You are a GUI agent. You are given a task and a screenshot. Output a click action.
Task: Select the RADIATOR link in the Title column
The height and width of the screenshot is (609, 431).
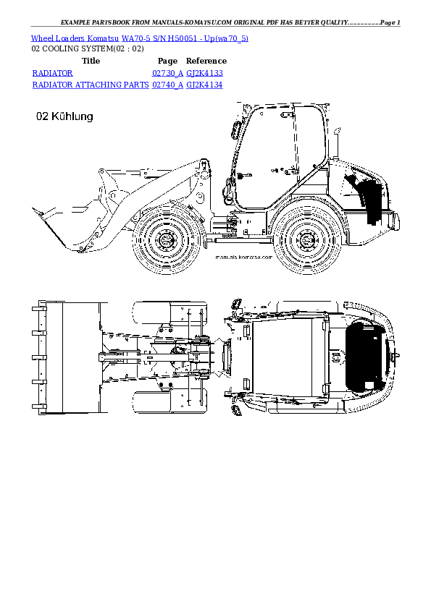click(x=52, y=73)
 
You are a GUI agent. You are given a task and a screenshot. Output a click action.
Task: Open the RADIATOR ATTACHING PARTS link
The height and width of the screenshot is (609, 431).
click(x=91, y=85)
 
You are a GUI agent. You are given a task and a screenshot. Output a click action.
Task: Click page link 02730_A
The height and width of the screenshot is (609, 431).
click(x=167, y=73)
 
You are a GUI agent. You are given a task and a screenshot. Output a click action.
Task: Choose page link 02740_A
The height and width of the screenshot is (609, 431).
click(x=167, y=85)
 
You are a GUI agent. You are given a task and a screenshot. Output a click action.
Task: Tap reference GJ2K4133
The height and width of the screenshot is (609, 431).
click(x=204, y=73)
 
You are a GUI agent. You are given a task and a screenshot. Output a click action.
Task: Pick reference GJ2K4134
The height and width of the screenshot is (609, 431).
click(x=204, y=85)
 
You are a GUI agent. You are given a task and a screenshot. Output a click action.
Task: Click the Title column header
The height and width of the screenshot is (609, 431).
click(x=91, y=61)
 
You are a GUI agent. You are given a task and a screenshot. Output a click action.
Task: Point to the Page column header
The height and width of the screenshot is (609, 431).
click(x=167, y=61)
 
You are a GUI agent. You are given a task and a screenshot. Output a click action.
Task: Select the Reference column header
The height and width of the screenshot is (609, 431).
click(x=206, y=61)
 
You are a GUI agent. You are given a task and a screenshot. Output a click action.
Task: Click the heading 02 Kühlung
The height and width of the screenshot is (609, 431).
click(x=64, y=116)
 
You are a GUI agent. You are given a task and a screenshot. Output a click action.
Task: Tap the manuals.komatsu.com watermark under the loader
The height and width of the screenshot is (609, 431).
click(x=243, y=257)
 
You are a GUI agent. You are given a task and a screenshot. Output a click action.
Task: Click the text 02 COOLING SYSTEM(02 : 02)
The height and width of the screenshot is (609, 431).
click(x=88, y=49)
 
